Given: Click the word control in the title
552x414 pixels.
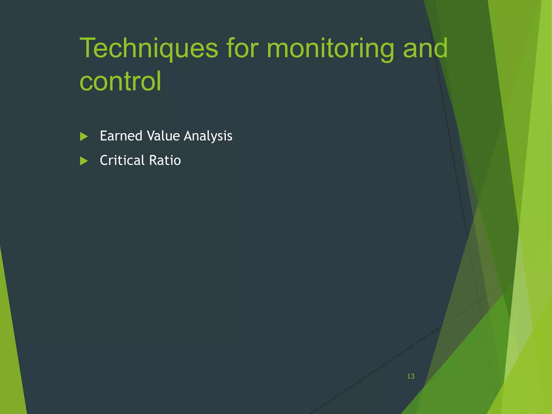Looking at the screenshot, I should point(120,81).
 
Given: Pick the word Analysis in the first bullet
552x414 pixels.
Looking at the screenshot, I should point(208,136).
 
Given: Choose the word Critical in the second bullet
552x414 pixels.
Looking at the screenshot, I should point(122,160).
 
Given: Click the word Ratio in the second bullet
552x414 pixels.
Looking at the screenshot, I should point(165,160).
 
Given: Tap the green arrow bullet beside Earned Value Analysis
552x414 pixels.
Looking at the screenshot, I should point(84,137).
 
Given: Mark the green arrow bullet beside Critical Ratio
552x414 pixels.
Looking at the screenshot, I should point(84,161).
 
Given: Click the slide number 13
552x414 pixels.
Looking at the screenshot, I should point(410,376).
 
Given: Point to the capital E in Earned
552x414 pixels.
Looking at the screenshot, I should point(103,136).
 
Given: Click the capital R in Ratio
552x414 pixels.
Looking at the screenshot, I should point(153,160).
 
